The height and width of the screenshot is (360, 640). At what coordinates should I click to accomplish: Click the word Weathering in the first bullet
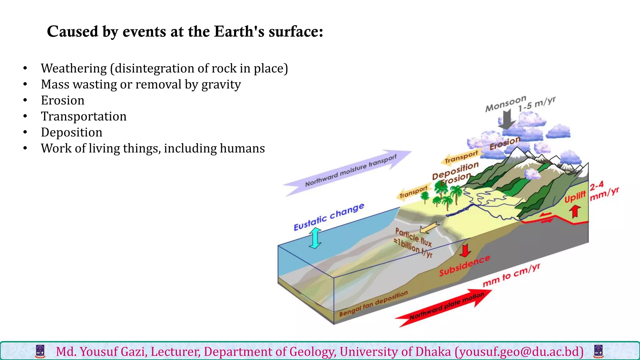[74, 68]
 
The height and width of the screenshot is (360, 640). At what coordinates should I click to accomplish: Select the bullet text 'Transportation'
[84, 116]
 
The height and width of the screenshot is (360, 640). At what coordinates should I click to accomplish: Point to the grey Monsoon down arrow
[507, 119]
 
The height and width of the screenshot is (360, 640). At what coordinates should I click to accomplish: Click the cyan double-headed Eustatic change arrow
[315, 238]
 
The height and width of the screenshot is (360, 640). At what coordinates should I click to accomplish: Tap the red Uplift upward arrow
[575, 211]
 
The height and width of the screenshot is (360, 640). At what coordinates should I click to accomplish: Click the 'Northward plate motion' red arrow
[444, 308]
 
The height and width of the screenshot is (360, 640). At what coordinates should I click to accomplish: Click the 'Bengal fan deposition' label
[373, 303]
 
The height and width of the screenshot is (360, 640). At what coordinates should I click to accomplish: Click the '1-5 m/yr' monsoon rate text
[537, 104]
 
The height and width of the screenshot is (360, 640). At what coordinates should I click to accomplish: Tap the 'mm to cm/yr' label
[511, 275]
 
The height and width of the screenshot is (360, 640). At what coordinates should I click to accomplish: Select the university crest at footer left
[41, 352]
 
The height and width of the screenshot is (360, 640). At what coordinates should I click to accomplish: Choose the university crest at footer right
[598, 352]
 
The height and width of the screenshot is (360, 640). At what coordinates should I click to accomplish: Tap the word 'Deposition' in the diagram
[455, 171]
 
